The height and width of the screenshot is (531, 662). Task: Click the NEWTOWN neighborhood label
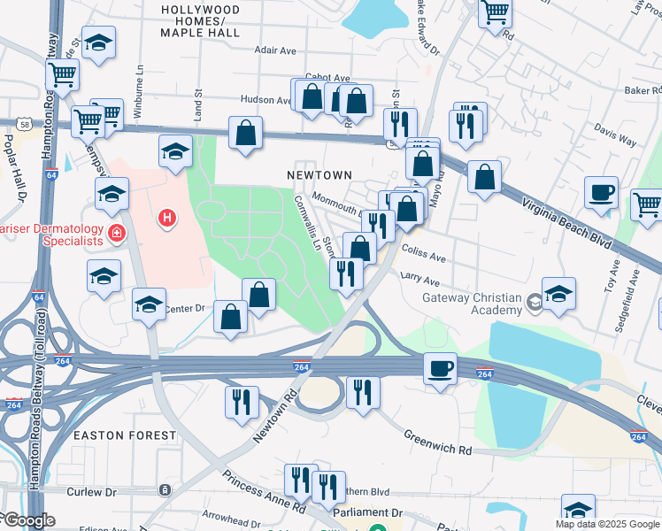tap(319, 176)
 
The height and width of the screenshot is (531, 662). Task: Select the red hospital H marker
tap(165, 217)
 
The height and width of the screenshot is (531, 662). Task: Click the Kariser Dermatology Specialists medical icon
tap(116, 234)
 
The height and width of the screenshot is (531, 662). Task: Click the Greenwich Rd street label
tap(439, 442)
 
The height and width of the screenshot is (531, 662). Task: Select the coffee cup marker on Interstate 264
tap(440, 368)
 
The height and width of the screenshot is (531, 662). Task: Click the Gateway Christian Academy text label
tap(472, 304)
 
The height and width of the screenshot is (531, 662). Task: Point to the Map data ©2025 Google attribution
tap(607, 524)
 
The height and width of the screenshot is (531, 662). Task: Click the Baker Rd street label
tap(643, 90)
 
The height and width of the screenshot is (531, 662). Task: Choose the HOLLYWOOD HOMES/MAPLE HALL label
tap(200, 20)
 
